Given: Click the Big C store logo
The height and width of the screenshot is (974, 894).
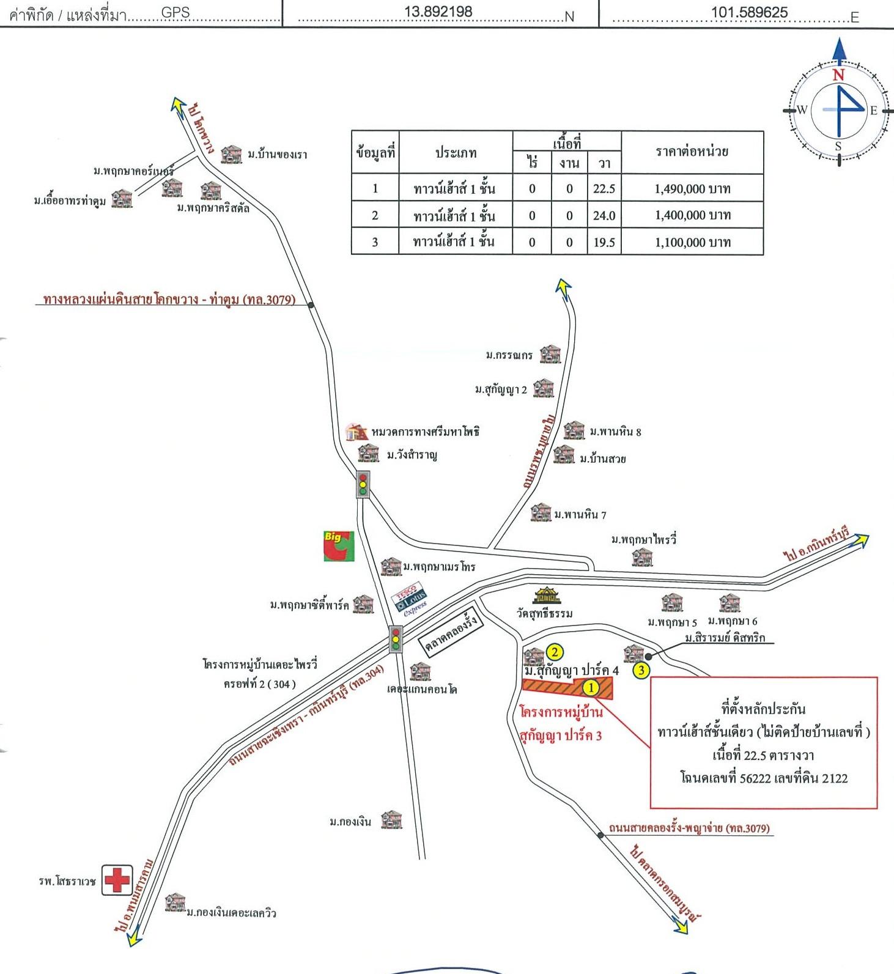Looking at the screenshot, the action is tap(339, 546).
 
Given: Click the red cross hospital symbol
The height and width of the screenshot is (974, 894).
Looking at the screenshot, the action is tap(117, 880).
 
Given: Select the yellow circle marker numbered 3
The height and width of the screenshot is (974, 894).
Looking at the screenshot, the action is tap(641, 670).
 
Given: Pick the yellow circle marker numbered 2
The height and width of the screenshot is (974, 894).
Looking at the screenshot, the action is tap(555, 652).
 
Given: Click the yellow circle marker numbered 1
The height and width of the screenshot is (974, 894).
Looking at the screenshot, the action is tap(591, 688).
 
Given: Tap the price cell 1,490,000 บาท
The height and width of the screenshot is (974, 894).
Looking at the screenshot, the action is tap(692, 188).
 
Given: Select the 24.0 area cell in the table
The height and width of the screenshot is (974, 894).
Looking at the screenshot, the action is tap(604, 215).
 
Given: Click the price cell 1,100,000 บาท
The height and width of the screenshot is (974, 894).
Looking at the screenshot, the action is tap(692, 242).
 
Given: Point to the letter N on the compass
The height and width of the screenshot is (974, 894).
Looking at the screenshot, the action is tap(838, 75).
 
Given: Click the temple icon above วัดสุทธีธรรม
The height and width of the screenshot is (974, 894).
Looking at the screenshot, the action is tap(546, 595).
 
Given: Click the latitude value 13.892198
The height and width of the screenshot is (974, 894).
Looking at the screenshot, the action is tap(438, 12).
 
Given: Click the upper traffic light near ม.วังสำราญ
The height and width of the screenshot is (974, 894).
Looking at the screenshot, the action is tap(363, 484).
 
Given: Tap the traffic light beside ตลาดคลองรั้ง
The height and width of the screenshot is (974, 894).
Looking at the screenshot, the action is tap(396, 639).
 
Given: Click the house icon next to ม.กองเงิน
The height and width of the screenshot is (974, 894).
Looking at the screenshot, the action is tap(392, 819).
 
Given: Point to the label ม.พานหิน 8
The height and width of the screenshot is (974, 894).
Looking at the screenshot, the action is tap(615, 432).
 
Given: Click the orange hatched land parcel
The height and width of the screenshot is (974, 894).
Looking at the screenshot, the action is tap(567, 687).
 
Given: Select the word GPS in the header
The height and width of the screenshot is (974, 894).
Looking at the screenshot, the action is tap(175, 12).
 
